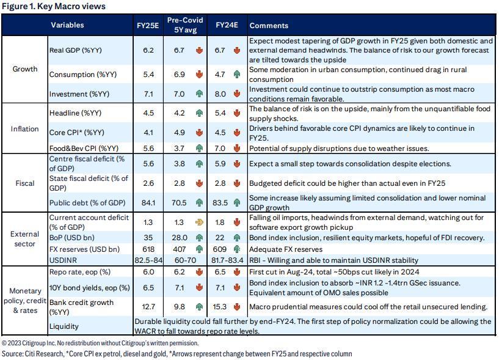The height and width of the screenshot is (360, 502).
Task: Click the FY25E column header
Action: pos(148,26)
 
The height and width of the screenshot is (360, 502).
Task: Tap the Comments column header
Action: pos(269,26)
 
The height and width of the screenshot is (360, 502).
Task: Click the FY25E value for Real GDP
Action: pos(148,50)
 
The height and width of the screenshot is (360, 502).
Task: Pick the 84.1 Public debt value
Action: pos(148,203)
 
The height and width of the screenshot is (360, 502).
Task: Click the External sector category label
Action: pos(25,238)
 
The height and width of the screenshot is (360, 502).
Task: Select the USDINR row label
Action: pos(62,260)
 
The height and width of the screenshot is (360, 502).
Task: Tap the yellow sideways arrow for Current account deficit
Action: pos(198,222)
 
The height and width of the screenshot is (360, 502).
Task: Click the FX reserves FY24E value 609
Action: pos(221,249)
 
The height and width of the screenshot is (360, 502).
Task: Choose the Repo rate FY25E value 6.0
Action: pos(148,272)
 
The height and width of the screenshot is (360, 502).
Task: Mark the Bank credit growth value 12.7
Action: pos(148,306)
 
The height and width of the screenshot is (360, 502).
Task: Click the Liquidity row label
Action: pos(64,326)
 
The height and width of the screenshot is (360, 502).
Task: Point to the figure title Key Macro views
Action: pos(54,6)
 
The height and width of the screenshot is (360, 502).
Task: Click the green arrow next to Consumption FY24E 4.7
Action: pos(236,75)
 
